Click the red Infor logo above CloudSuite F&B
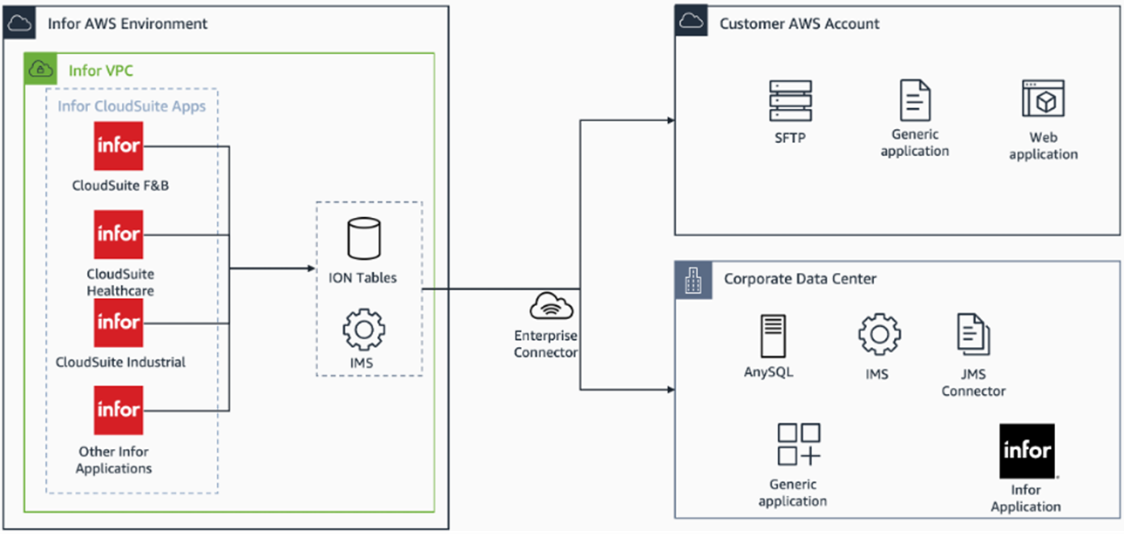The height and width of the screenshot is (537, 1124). [x=118, y=146]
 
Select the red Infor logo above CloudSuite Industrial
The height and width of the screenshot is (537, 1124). [x=118, y=323]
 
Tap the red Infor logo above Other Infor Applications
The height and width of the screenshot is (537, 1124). [x=118, y=410]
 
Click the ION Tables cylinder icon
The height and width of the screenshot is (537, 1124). [x=364, y=238]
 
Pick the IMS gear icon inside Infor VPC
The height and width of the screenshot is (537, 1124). [x=364, y=330]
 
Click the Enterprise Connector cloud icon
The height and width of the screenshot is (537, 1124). [x=551, y=306]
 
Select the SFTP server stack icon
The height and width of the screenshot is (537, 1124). [x=790, y=100]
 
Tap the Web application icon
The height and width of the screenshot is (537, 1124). [x=1043, y=99]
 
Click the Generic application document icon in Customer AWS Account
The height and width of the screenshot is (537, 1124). [x=915, y=100]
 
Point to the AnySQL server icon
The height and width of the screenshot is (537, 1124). [x=773, y=336]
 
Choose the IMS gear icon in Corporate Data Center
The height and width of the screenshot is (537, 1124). [x=879, y=334]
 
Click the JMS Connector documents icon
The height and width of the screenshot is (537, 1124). [x=973, y=334]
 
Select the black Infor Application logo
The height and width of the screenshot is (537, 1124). [x=1027, y=451]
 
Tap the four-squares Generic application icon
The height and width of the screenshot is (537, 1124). [x=799, y=444]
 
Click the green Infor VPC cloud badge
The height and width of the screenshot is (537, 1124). [x=41, y=69]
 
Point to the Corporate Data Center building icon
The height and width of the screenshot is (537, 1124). [x=693, y=280]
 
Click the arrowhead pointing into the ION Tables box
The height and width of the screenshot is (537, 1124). [x=312, y=268]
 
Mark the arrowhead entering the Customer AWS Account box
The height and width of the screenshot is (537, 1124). [x=671, y=120]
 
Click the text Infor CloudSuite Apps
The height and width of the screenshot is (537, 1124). [x=132, y=106]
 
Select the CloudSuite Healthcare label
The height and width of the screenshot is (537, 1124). [x=120, y=282]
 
